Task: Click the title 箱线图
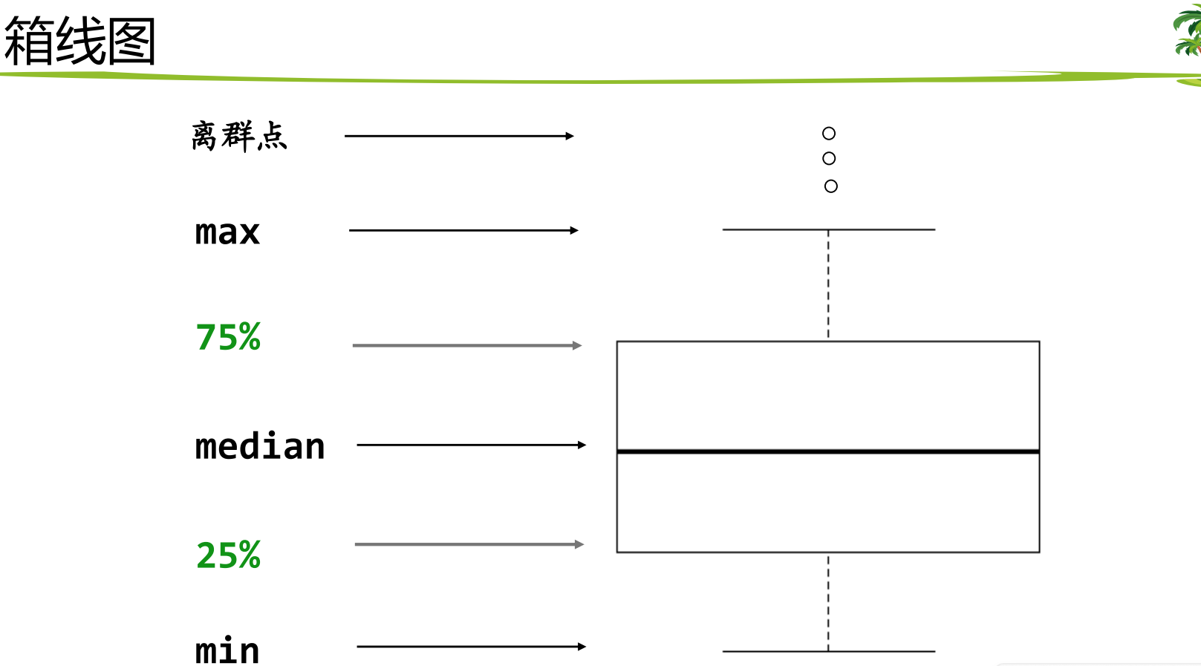(x=79, y=42)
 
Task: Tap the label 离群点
(x=238, y=137)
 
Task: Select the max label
(x=227, y=232)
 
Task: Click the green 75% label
(x=228, y=337)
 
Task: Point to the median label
(x=260, y=447)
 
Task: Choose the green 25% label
(x=228, y=555)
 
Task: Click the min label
(x=227, y=651)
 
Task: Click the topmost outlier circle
(x=829, y=134)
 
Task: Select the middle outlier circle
(x=829, y=159)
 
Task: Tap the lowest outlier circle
(x=831, y=186)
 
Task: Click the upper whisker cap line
(x=828, y=229)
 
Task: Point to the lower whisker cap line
(x=828, y=651)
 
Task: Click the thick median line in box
(x=828, y=451)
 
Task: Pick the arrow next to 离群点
(x=459, y=136)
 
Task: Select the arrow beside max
(x=463, y=230)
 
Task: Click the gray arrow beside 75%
(x=467, y=345)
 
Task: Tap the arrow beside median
(x=472, y=445)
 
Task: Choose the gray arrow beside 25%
(x=469, y=544)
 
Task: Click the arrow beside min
(x=472, y=647)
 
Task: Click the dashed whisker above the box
(x=828, y=285)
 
